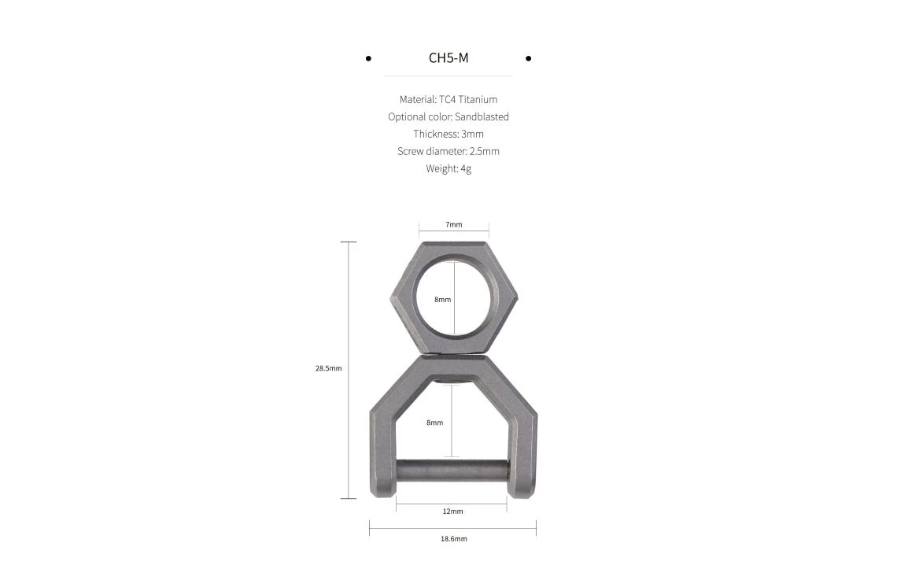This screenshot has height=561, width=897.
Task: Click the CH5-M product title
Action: click(448, 57)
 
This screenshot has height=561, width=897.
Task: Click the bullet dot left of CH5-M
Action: click(368, 58)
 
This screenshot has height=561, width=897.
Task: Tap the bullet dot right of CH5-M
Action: click(529, 58)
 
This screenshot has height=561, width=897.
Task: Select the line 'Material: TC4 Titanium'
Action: click(448, 99)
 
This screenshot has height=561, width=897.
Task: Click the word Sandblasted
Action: click(482, 116)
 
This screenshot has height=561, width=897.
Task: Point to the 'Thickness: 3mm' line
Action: click(448, 134)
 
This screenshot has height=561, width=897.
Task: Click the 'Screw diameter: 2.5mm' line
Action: click(448, 151)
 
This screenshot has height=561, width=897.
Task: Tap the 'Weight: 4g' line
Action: click(448, 168)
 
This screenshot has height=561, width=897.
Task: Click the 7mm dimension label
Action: click(454, 225)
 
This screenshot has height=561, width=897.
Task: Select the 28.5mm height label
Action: click(328, 368)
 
